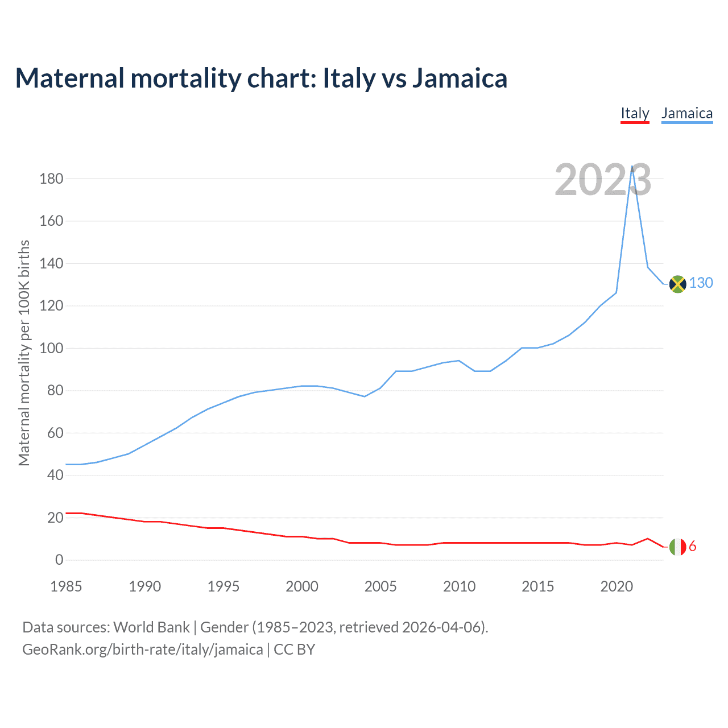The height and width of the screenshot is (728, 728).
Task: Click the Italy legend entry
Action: click(635, 113)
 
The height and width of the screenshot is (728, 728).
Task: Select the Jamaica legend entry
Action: click(687, 113)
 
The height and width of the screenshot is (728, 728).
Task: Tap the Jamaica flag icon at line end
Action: click(677, 283)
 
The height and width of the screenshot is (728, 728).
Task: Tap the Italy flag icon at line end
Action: click(677, 547)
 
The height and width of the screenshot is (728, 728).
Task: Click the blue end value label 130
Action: click(701, 283)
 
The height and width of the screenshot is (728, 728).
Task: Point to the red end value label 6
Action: click(692, 547)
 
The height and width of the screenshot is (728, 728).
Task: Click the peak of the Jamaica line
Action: click(632, 167)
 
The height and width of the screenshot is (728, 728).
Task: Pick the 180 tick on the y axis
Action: click(51, 179)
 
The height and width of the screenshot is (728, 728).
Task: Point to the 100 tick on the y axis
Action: click(51, 348)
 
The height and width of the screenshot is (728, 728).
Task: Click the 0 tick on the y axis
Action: click(59, 560)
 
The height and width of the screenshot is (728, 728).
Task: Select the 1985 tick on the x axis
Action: click(66, 586)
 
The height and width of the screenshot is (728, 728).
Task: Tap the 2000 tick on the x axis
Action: click(302, 586)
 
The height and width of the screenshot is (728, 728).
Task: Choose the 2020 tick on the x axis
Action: click(617, 586)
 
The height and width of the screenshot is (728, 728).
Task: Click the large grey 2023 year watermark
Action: click(603, 180)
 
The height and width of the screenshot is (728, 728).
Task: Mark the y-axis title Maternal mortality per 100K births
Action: click(24, 353)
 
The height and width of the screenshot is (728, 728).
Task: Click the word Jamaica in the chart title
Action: click(460, 78)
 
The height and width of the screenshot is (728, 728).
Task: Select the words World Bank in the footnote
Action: click(151, 627)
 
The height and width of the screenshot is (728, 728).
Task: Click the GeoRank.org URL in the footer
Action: click(142, 650)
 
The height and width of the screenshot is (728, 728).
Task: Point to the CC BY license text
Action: click(295, 650)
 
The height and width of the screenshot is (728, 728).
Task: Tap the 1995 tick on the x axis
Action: click(224, 586)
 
